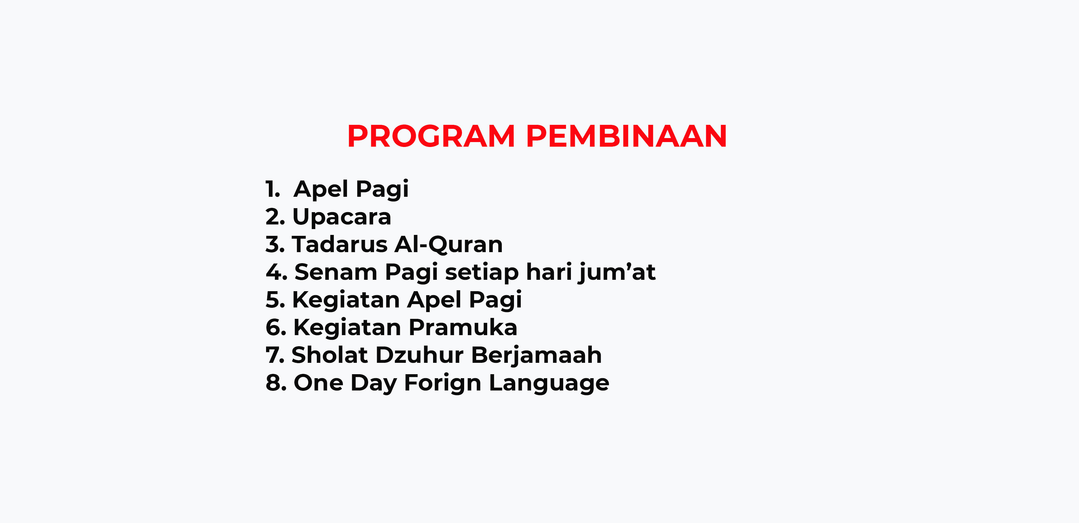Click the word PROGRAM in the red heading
[x=431, y=136]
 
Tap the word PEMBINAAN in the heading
[x=626, y=136]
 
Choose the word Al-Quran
[x=448, y=244]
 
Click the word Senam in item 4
[x=336, y=272]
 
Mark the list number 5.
[x=275, y=300]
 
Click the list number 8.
[x=276, y=383]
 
